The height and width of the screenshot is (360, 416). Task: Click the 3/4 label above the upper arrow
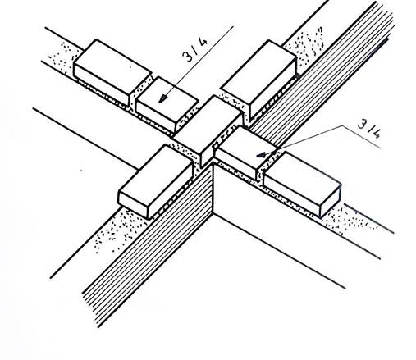(194, 49)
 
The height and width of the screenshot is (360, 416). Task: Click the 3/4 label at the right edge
(369, 129)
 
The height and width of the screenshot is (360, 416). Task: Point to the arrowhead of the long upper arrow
(163, 98)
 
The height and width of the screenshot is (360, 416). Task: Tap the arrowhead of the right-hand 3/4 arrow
(261, 155)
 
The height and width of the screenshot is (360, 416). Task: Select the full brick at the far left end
(112, 71)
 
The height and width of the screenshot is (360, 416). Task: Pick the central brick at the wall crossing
(208, 130)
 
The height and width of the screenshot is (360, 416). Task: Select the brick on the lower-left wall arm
(156, 181)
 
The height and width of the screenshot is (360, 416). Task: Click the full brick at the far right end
(303, 184)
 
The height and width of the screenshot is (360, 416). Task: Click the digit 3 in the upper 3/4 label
(188, 56)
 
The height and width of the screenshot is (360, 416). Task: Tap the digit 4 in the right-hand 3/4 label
(376, 133)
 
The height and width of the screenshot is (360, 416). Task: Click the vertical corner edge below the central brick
(213, 189)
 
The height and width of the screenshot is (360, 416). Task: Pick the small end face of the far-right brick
(331, 200)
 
